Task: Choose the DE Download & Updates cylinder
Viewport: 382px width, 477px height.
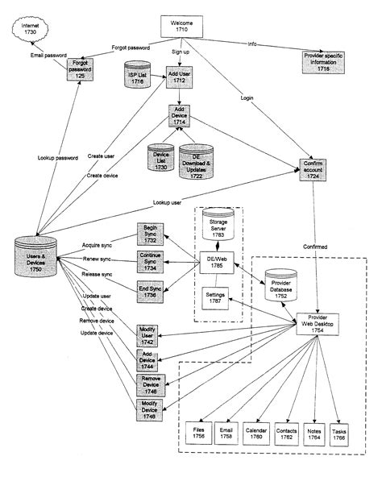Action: tap(197, 162)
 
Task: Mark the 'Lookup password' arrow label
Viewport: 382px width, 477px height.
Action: tap(56, 159)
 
